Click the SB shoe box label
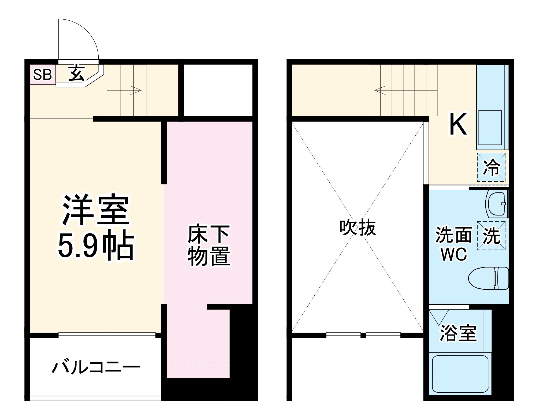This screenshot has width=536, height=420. (x=42, y=75)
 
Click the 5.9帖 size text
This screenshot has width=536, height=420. (x=96, y=247)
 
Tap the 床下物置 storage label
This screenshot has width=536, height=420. (x=209, y=246)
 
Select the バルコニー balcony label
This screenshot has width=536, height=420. (x=96, y=367)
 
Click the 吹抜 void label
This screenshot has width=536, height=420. (x=358, y=228)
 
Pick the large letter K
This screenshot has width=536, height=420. (x=458, y=125)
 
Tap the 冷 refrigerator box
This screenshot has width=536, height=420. (x=491, y=167)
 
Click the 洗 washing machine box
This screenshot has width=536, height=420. (x=491, y=236)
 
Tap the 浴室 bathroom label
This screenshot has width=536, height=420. (x=458, y=333)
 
